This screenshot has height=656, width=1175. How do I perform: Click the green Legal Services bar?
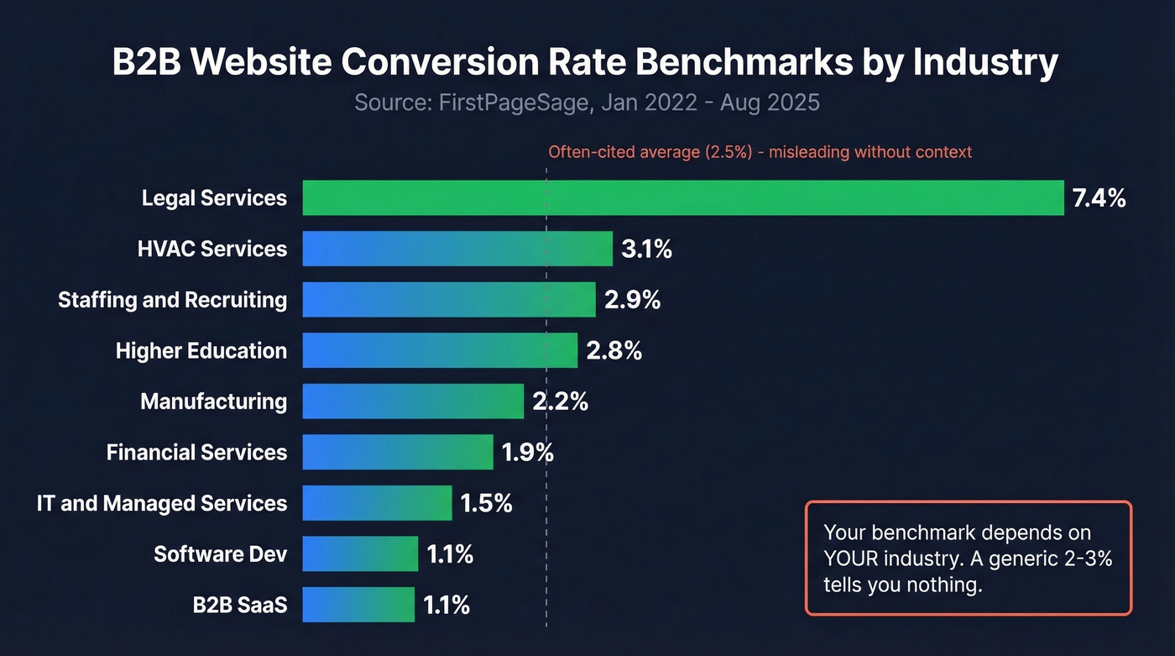[682, 198]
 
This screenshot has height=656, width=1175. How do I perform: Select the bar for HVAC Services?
[457, 249]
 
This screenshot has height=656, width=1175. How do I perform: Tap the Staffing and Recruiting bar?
[449, 300]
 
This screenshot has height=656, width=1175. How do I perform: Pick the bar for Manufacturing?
[413, 401]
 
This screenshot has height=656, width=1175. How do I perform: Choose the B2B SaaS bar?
[358, 605]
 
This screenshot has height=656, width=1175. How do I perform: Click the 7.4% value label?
[1099, 199]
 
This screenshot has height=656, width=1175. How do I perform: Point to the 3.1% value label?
[646, 249]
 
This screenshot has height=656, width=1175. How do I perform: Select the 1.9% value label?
[527, 453]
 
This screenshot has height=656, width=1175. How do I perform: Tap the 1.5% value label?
[486, 504]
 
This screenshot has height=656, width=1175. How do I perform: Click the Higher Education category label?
[201, 351]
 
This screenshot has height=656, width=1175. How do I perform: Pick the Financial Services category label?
[196, 453]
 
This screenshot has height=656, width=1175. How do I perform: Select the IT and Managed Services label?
[162, 504]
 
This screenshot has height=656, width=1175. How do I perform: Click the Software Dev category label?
[220, 554]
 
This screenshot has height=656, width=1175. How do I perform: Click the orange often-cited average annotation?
[760, 152]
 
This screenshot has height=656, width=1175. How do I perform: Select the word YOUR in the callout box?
[852, 559]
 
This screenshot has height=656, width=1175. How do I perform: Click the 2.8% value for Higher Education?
[614, 351]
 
